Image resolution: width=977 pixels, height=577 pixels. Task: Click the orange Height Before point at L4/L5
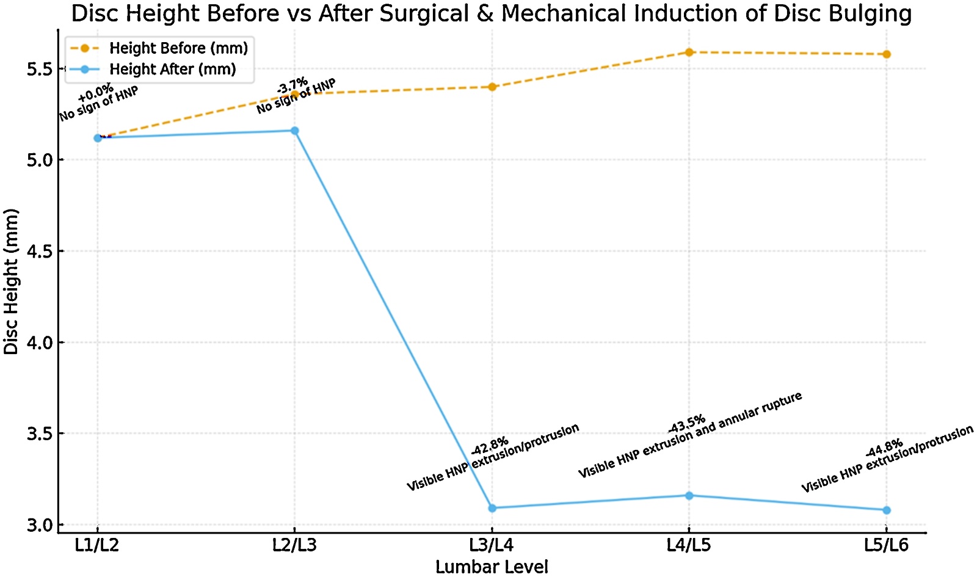click(689, 53)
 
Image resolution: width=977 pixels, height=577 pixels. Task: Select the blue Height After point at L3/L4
click(492, 508)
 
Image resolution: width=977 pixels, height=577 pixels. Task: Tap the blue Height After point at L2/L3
click(295, 131)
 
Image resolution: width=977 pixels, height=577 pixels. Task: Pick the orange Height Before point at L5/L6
click(887, 54)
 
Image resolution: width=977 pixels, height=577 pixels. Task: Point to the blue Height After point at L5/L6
click(887, 510)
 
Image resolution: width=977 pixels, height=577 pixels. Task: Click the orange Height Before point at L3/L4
click(492, 87)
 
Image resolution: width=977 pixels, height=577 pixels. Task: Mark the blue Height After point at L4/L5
click(689, 496)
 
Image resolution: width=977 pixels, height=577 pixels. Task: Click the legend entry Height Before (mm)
click(178, 48)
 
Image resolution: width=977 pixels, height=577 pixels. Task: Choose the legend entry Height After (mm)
click(172, 70)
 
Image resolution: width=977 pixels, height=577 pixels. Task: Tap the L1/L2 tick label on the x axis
click(97, 545)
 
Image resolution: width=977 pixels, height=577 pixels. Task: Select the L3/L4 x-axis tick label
click(492, 545)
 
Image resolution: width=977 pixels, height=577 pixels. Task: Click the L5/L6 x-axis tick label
click(887, 545)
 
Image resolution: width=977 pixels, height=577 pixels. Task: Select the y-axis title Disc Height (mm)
click(11, 281)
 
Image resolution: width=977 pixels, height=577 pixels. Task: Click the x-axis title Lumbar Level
click(492, 567)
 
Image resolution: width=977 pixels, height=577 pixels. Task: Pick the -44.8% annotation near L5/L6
click(884, 448)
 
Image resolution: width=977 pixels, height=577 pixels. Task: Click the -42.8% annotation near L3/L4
click(490, 446)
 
